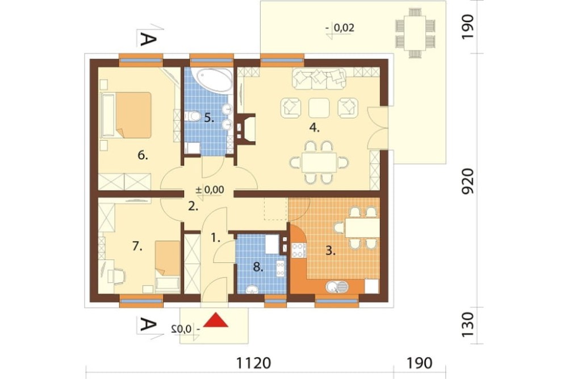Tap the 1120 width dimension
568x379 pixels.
pos(253,362)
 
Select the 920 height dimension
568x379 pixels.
pos(468,181)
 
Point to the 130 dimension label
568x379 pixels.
pos(468,324)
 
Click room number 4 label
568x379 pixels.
pos(314,127)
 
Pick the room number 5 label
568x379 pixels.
pos(208,118)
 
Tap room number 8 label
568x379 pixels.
pos(258,268)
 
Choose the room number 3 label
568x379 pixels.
pos(329,250)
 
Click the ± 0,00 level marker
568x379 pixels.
pos(210,189)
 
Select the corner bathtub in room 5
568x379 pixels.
pos(211,80)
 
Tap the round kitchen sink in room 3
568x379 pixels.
pos(337,287)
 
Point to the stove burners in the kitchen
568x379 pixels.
pos(299,250)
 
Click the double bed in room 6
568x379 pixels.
pos(127,115)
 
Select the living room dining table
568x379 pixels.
pos(319,162)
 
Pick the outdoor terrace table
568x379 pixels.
pos(416,33)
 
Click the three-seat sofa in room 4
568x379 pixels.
pos(319,79)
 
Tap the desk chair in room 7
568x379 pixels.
pos(119,276)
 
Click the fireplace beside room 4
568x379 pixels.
pos(247,129)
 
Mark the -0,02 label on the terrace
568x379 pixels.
pos(340,28)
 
